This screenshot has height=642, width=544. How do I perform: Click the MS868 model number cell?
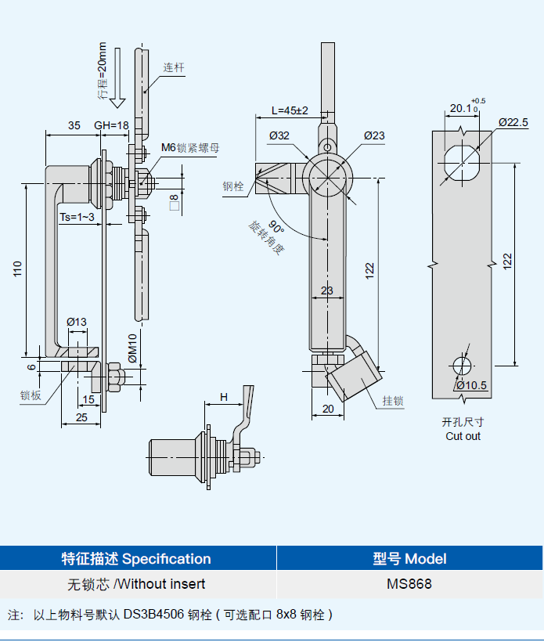(x=409, y=584)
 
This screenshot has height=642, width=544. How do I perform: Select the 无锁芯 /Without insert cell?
(x=136, y=584)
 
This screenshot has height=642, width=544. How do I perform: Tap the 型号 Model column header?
(x=409, y=559)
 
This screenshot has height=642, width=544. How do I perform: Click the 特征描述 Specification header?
(x=136, y=559)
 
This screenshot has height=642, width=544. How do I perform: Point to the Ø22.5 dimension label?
(x=513, y=122)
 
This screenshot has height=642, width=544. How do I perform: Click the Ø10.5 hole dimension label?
(x=472, y=385)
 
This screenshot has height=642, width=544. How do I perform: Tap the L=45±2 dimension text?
(x=290, y=110)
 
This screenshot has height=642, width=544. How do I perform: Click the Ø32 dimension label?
(x=279, y=135)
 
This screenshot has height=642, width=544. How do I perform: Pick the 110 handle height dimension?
(x=17, y=269)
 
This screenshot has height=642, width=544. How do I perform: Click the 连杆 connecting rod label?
(x=174, y=67)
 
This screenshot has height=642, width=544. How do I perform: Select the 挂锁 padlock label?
(x=393, y=401)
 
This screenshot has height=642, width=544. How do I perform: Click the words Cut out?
(x=463, y=436)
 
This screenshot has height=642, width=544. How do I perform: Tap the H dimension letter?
(x=224, y=397)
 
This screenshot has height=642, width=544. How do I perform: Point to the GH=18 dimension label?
(x=111, y=125)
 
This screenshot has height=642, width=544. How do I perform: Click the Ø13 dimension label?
(x=77, y=322)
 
